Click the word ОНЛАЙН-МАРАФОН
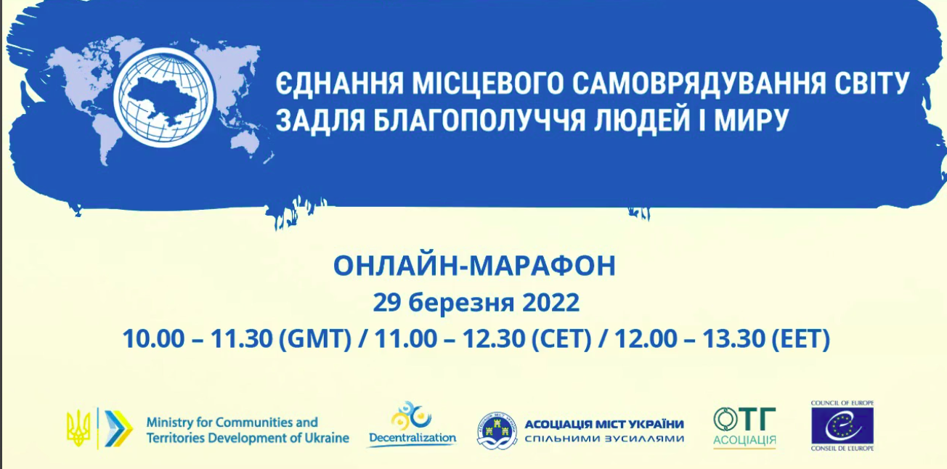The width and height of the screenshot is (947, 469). coord(474,266)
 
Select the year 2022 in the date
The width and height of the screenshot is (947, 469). coord(551,303)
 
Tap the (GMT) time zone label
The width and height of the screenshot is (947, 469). coord(315,339)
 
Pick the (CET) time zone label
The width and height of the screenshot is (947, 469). coord(561,339)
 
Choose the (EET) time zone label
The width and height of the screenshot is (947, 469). coord(801,339)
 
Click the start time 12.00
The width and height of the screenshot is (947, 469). coord(645,339)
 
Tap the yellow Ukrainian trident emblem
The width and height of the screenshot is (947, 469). coord(78,428)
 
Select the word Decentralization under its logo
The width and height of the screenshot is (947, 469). coord(412,437)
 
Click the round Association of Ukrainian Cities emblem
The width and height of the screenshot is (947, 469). coord(497,430)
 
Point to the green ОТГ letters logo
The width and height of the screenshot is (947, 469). coord(744,419)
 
